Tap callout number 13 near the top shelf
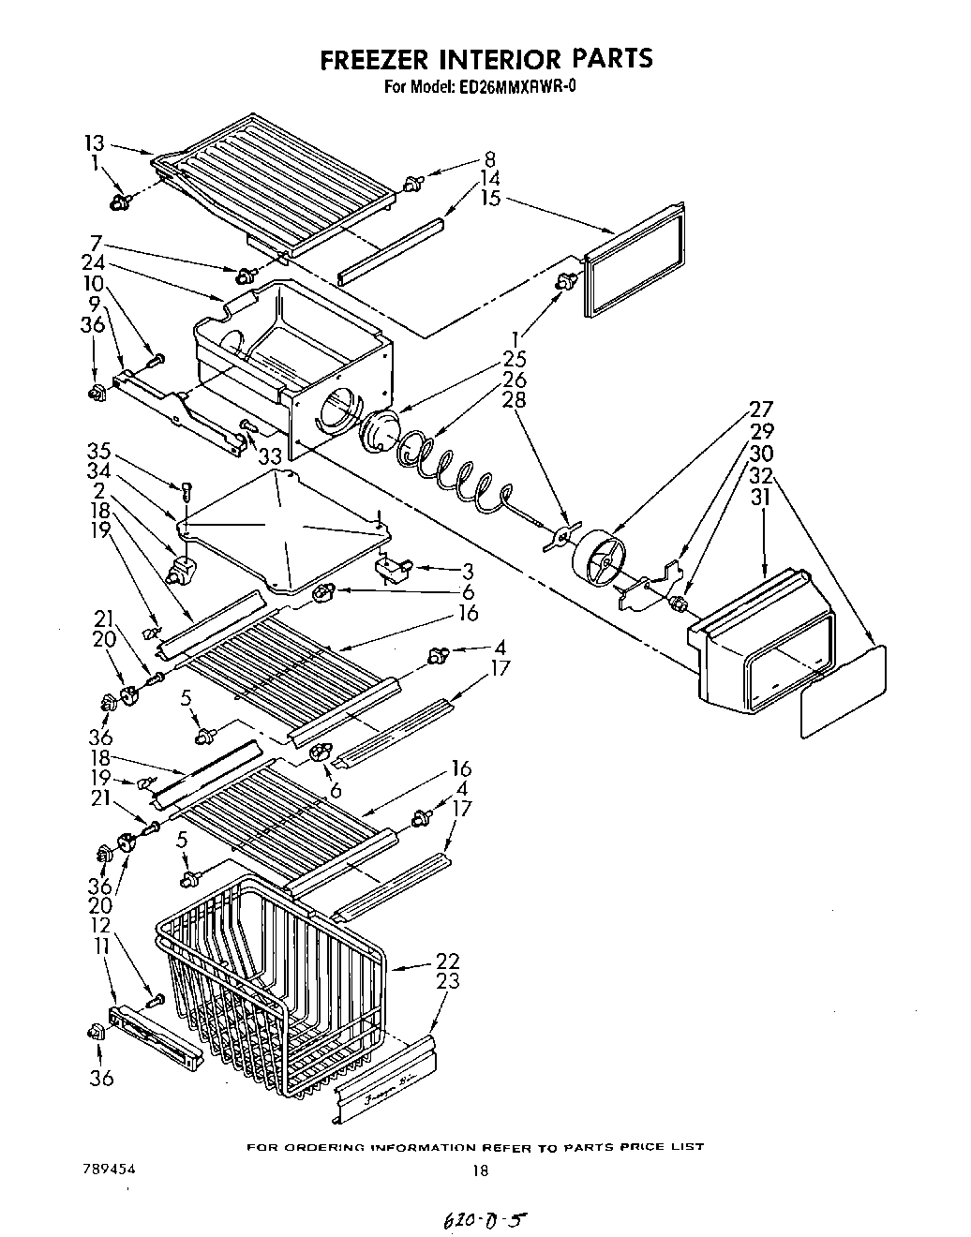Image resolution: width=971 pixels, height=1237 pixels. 94,143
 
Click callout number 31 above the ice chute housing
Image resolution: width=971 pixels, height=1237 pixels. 761,498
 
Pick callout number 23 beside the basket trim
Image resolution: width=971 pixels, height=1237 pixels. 448,980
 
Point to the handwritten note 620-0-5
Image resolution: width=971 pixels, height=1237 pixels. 477,1220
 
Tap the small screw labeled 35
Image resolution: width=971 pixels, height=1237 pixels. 187,488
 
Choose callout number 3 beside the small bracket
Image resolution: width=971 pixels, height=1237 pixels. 468,571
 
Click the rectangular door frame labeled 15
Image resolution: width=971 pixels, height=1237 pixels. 634,259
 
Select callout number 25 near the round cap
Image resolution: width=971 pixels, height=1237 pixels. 515,359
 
